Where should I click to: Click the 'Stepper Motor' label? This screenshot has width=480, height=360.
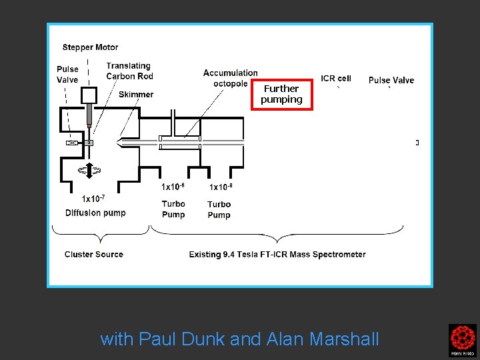[90, 47]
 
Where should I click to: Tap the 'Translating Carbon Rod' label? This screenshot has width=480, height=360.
[129, 71]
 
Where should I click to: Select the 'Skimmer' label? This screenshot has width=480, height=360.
[136, 95]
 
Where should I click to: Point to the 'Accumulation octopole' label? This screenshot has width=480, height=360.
[230, 78]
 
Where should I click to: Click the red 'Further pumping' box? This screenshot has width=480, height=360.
[281, 94]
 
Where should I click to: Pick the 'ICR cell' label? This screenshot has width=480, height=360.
[336, 79]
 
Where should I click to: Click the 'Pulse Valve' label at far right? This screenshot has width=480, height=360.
[391, 80]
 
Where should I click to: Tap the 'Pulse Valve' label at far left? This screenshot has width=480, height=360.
[67, 74]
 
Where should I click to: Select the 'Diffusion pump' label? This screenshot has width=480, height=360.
[95, 213]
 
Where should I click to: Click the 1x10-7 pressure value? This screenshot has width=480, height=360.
[93, 198]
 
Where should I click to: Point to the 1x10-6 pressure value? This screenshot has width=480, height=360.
[173, 187]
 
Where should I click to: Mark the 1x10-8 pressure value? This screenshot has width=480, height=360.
[221, 187]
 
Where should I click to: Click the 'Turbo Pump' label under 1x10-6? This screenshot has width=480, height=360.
[173, 209]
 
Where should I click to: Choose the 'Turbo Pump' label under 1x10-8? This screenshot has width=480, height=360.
[219, 209]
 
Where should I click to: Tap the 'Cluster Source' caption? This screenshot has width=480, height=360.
[94, 254]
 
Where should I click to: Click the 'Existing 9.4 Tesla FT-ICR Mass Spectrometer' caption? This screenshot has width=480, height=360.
[277, 254]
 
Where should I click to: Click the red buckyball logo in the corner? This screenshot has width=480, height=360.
[462, 340]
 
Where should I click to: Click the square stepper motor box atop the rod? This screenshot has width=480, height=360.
[89, 95]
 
